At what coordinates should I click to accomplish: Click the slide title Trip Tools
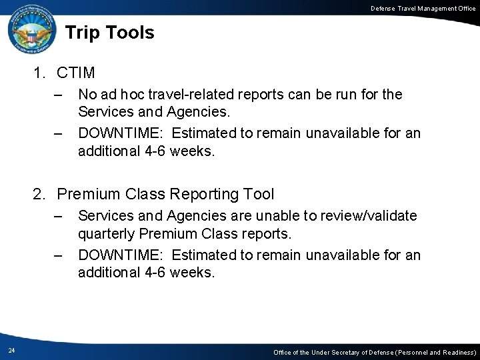tap(110, 32)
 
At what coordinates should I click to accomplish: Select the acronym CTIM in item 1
tap(77, 72)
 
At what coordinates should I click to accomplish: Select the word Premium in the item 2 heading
tap(85, 194)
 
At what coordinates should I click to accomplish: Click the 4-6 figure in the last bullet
tap(153, 273)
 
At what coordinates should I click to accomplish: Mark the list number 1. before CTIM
tap(40, 72)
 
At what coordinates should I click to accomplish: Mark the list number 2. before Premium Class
tap(40, 194)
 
